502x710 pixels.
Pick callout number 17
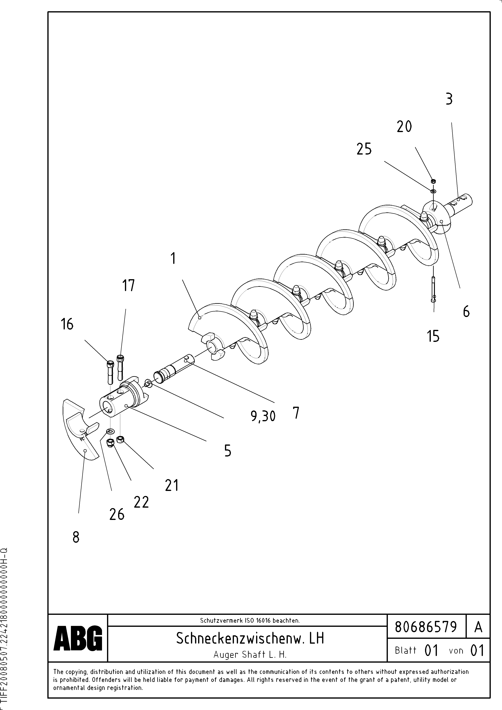pyautogui.click(x=128, y=285)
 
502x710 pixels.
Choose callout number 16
pyautogui.click(x=67, y=324)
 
